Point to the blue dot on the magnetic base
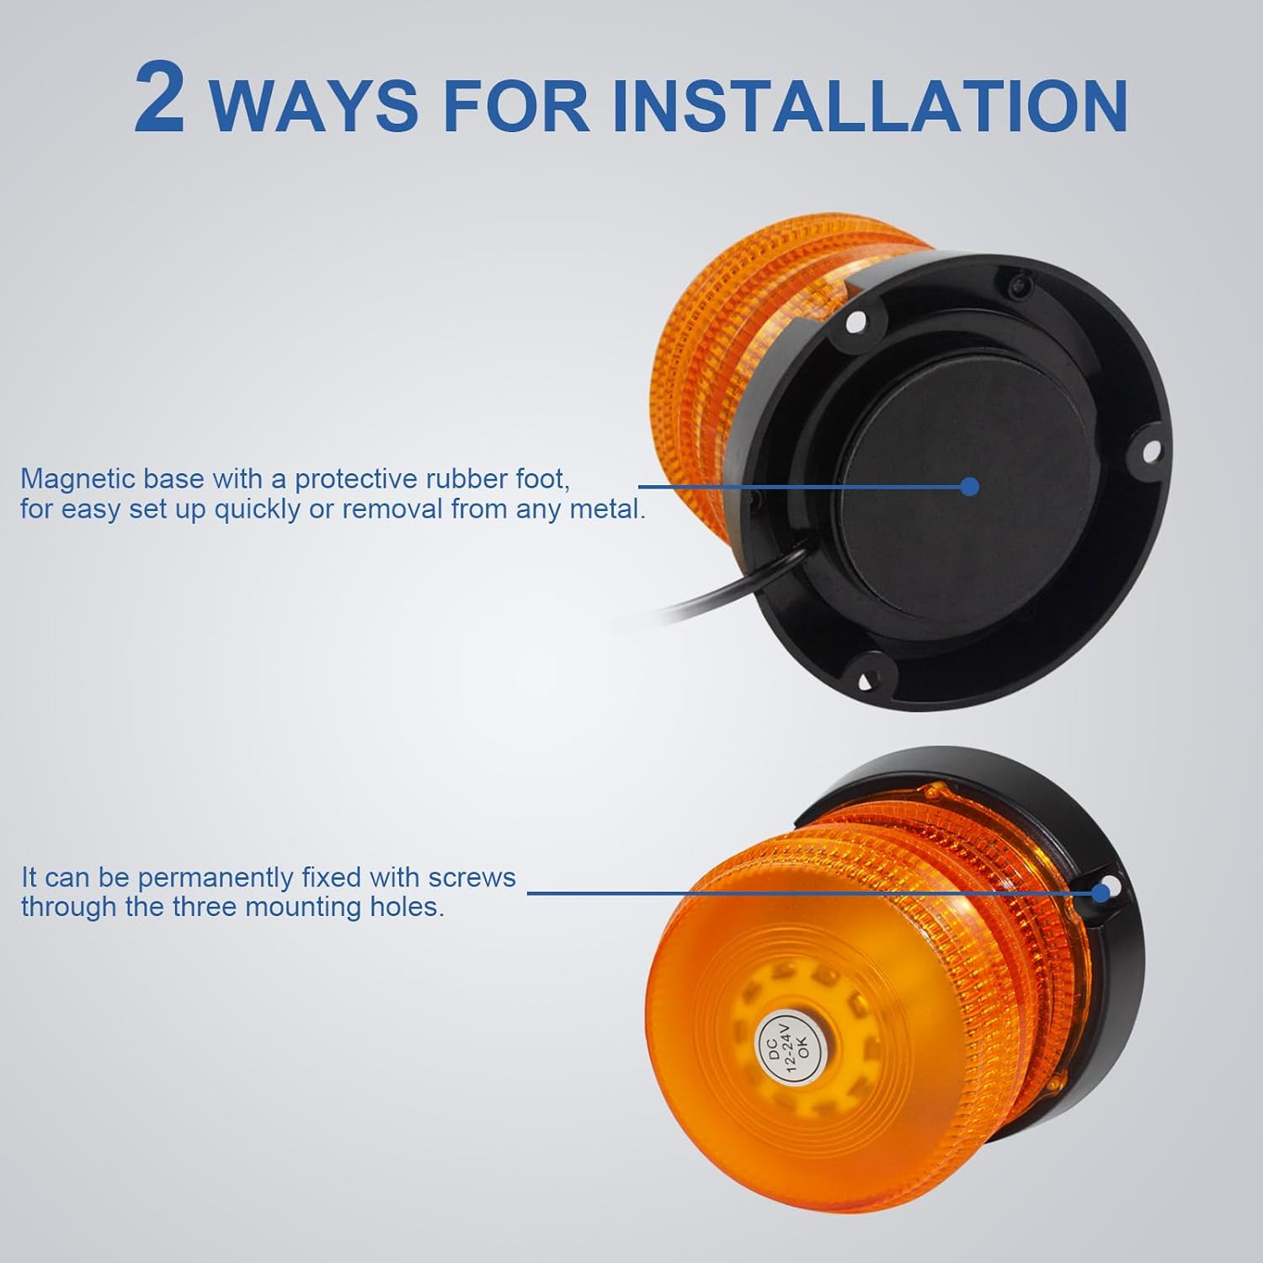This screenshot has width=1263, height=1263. click(x=970, y=486)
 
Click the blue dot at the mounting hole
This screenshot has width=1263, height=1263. click(x=1100, y=893)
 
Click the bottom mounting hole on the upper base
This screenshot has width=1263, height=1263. click(x=864, y=675)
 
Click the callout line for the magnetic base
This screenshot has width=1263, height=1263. click(x=804, y=486)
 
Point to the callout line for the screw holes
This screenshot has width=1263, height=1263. click(x=813, y=893)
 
